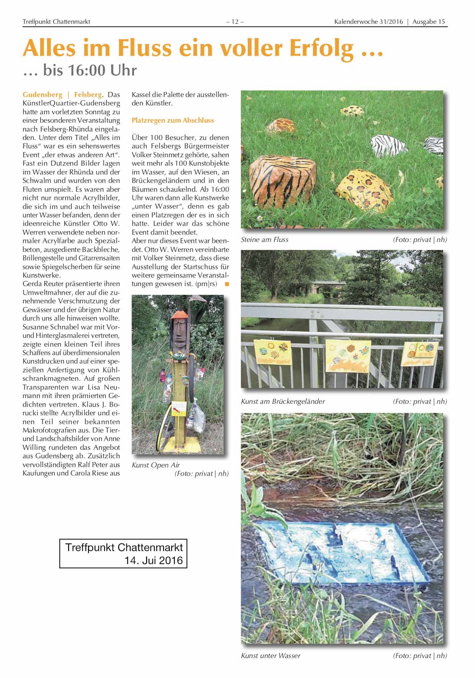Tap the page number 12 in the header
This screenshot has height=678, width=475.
pos(235,22)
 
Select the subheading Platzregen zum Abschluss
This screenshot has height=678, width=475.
pos(172,120)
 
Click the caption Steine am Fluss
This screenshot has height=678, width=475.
pos(264,240)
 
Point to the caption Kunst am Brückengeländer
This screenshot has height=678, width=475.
pos(283,402)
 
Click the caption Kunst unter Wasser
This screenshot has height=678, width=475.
pos(270,656)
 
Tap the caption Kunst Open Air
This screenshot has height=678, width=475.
pos(156,465)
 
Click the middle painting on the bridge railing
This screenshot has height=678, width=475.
pos(348,355)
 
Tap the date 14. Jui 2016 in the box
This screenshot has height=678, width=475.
pos(153,560)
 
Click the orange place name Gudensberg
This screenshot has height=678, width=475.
pos(42,95)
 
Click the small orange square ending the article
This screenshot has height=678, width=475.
pos(227,284)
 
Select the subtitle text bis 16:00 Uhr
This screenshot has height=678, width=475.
pos(90,71)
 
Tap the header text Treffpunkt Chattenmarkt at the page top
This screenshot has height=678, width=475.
pos(56,22)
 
